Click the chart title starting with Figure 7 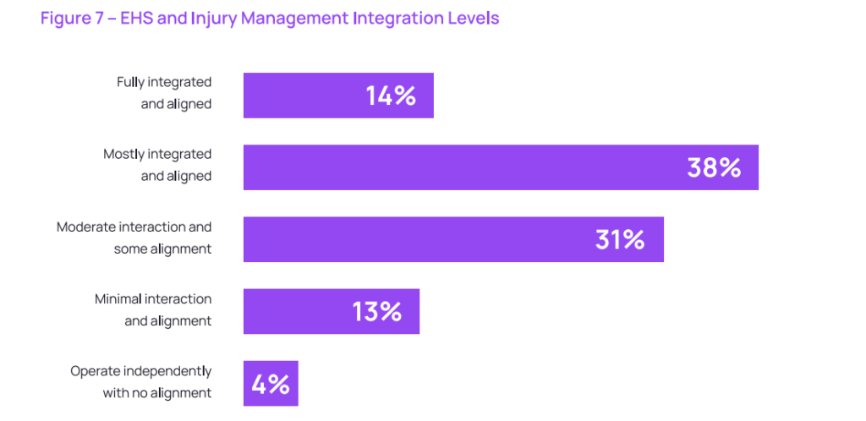[x=270, y=19]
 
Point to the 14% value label [x=391, y=96]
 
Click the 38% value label [x=714, y=167]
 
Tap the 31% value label [x=620, y=239]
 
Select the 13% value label [x=377, y=312]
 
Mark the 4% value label [x=271, y=385]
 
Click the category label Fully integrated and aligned [x=164, y=92]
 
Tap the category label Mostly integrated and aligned [x=157, y=165]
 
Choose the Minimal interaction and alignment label [x=153, y=309]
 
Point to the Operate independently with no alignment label [x=141, y=381]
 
